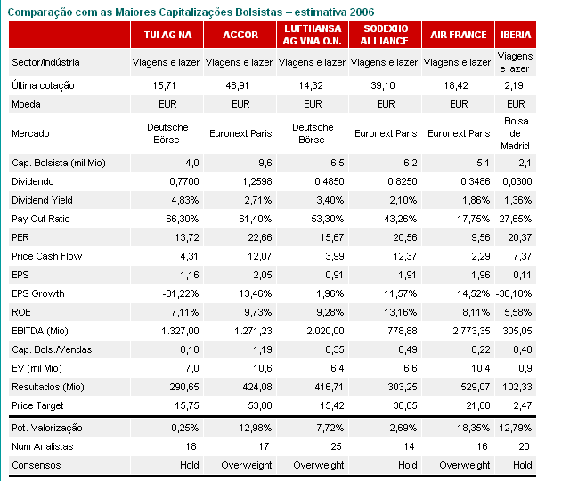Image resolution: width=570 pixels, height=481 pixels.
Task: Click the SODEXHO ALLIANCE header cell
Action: click(x=385, y=35)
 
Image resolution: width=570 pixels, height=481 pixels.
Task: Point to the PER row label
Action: click(x=21, y=238)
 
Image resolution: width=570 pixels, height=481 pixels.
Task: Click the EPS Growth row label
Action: click(x=37, y=292)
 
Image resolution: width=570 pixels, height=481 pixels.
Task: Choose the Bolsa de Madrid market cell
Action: click(x=517, y=133)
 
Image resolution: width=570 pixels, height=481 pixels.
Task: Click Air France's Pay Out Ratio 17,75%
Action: click(x=464, y=219)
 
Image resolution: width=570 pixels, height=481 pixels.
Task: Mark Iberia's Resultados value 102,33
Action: click(x=517, y=387)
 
